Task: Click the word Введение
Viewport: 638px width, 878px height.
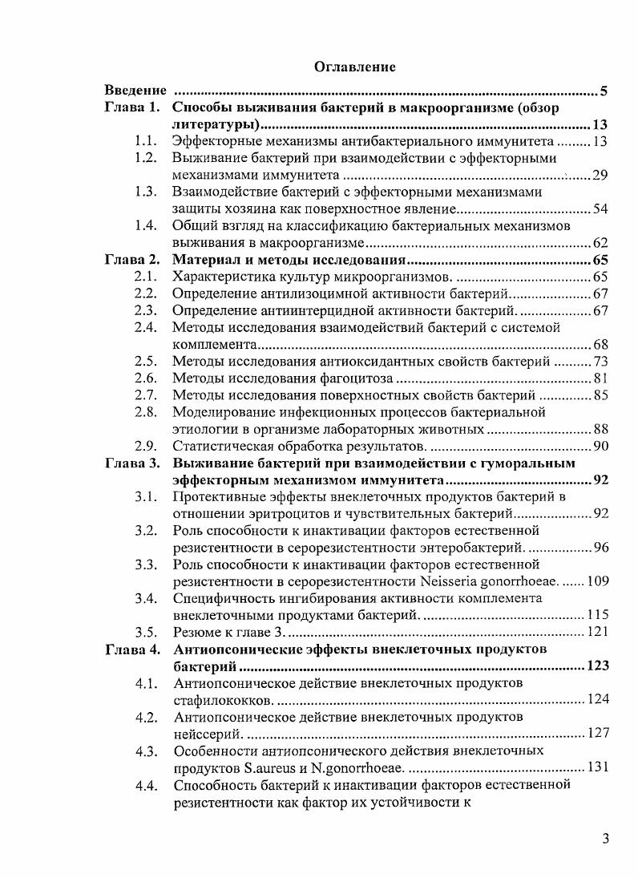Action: (137, 91)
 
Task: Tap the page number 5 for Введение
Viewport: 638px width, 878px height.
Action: (604, 91)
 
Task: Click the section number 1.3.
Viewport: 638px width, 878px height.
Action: (145, 192)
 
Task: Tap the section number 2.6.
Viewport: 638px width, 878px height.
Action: (145, 378)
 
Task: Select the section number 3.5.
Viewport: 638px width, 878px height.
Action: (145, 631)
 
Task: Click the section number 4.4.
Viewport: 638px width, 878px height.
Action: (145, 784)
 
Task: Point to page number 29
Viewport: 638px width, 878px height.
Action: (600, 176)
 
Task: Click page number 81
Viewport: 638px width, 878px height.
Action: (600, 378)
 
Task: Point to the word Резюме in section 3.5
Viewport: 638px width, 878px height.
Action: (197, 631)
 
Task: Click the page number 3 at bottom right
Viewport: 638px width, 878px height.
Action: (606, 840)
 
